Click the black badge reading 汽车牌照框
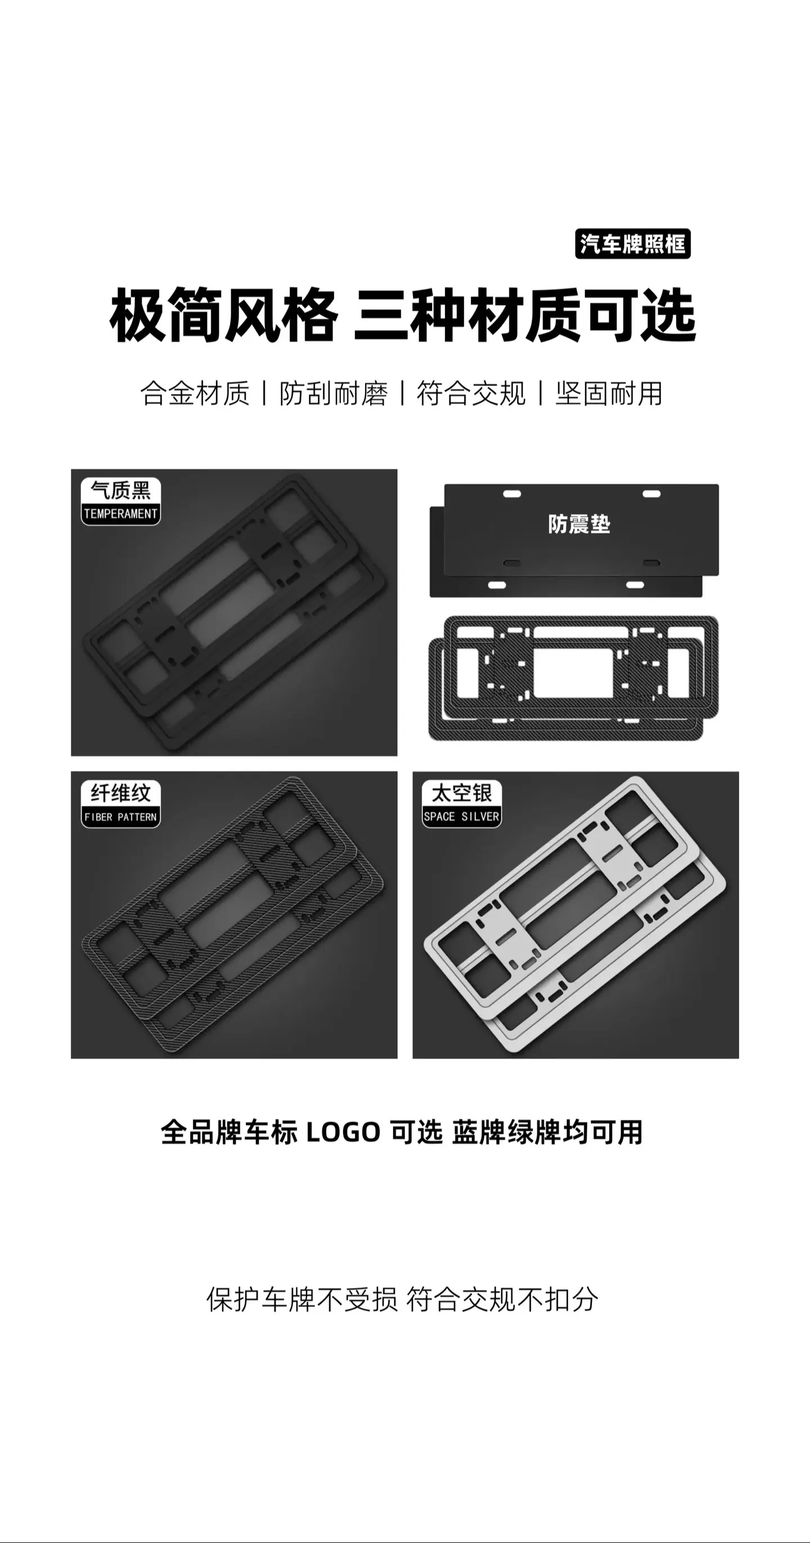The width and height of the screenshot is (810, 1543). pos(633,244)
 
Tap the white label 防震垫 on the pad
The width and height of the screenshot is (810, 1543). pos(579,524)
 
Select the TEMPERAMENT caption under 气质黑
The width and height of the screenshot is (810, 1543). pos(121,514)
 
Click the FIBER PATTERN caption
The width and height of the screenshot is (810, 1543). pos(121,817)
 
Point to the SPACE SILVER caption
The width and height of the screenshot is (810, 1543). pos(462,817)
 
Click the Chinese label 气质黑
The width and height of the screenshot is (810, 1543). pos(121,491)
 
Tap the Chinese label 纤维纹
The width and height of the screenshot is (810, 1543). pos(121,793)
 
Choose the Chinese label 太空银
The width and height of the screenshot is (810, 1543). pos(462,793)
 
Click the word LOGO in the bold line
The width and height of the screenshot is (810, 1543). pos(343,1133)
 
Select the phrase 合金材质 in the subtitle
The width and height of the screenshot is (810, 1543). pos(195,393)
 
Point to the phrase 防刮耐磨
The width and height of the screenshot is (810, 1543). pos(333,393)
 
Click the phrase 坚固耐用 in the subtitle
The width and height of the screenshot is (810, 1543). pos(609,393)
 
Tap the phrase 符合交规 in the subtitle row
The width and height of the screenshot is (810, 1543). pos(471,393)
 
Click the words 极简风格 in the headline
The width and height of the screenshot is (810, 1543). pos(224,315)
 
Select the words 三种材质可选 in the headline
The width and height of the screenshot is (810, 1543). pos(525,315)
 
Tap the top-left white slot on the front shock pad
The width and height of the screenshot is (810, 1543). pos(512,494)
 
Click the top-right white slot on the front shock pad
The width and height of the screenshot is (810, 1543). pos(651,494)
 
